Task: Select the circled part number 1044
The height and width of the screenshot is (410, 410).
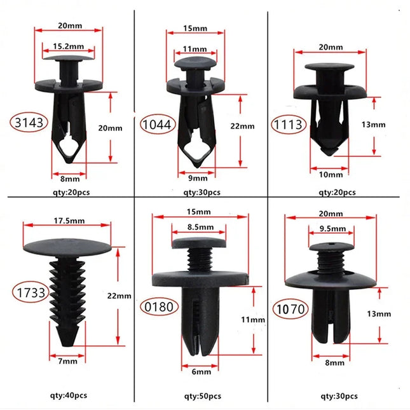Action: pos(157,125)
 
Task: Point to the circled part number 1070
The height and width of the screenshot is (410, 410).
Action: pos(290,310)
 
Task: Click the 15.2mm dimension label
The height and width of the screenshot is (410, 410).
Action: pos(67,45)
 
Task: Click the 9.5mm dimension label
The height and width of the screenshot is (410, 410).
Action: pos(333,229)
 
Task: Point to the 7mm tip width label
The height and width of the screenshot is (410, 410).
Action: pos(67,360)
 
